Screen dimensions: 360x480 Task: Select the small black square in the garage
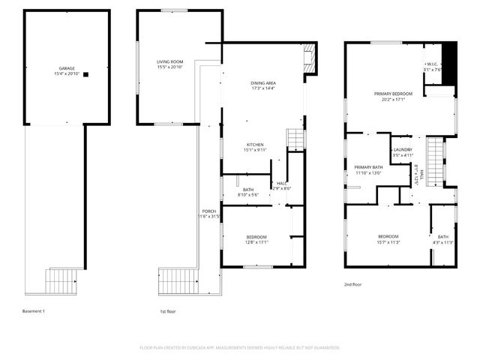[x=87, y=74]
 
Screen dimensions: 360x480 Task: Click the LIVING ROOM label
[x=170, y=61]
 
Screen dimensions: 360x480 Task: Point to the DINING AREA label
[x=263, y=82]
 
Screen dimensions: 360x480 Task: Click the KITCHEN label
[x=256, y=144]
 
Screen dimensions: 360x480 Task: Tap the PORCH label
[x=209, y=211]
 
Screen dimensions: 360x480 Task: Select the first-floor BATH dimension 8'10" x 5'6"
[x=248, y=195]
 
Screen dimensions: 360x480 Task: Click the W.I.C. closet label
[x=432, y=64]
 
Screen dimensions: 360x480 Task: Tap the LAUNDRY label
[x=403, y=150]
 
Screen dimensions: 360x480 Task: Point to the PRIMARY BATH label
[x=368, y=167]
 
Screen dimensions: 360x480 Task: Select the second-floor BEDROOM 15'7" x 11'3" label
[x=388, y=237]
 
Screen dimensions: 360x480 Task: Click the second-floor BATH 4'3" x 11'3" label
[x=443, y=237]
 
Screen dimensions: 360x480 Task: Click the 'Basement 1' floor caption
[x=34, y=310]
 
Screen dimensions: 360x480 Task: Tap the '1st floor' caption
[x=169, y=310]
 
